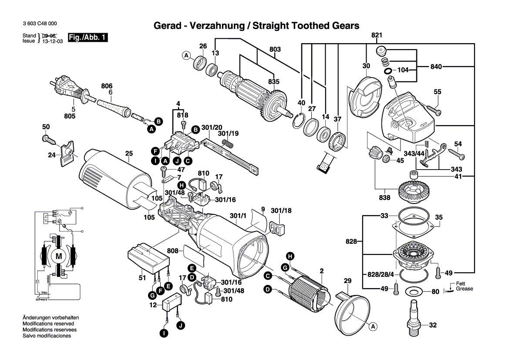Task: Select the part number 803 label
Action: pyautogui.click(x=275, y=50)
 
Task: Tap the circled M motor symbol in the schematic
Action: pyautogui.click(x=58, y=256)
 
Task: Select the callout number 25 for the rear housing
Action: pyautogui.click(x=128, y=153)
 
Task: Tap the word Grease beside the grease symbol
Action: pyautogui.click(x=464, y=289)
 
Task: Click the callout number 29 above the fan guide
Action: pyautogui.click(x=347, y=281)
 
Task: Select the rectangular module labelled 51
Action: pyautogui.click(x=148, y=258)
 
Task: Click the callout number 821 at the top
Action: pyautogui.click(x=377, y=35)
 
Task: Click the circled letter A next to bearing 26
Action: pyautogui.click(x=186, y=56)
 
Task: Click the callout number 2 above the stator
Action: pyautogui.click(x=321, y=271)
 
